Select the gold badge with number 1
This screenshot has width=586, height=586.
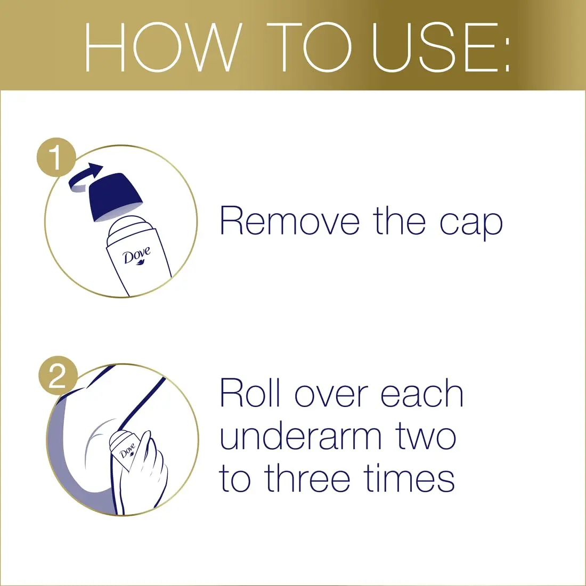(x=56, y=158)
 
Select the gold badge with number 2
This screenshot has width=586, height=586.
(x=58, y=376)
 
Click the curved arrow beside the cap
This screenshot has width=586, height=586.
(x=85, y=177)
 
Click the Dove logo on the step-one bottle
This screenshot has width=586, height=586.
(x=137, y=256)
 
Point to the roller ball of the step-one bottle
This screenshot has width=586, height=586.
(x=129, y=226)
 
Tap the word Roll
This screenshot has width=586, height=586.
(x=250, y=394)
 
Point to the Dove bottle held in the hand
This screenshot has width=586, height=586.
(x=126, y=447)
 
